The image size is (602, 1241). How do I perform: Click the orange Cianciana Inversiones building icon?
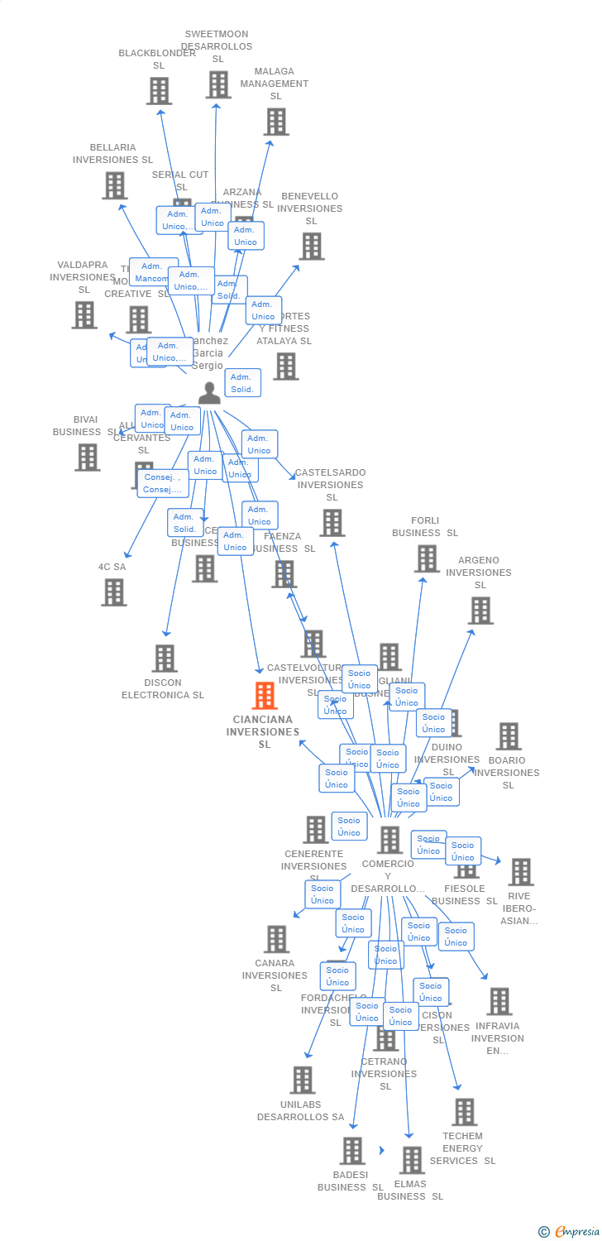tap(265, 696)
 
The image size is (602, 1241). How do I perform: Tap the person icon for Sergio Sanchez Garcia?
tap(209, 393)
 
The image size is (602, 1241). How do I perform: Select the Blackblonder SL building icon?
tap(159, 91)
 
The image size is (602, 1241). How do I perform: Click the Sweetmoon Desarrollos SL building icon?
tap(218, 84)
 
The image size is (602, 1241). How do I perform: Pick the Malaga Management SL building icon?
tap(275, 122)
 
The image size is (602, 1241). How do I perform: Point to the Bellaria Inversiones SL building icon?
tap(115, 185)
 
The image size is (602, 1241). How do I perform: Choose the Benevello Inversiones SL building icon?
tap(312, 247)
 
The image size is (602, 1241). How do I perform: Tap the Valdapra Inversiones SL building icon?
tap(84, 315)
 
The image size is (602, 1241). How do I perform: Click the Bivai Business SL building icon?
tap(87, 458)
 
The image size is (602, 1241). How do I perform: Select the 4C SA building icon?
tap(114, 592)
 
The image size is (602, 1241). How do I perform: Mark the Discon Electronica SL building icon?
tap(165, 659)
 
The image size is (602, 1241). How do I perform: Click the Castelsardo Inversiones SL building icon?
tap(332, 523)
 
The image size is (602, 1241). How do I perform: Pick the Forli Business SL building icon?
tap(427, 559)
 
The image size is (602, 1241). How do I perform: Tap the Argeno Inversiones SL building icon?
tap(480, 611)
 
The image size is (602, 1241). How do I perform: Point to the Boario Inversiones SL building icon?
tap(509, 736)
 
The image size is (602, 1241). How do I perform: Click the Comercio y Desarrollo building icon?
tap(389, 840)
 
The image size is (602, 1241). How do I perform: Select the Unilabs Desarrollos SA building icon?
tap(303, 1080)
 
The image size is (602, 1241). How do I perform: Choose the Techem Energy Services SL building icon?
tap(465, 1112)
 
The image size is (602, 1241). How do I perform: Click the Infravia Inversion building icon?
tap(499, 1001)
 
